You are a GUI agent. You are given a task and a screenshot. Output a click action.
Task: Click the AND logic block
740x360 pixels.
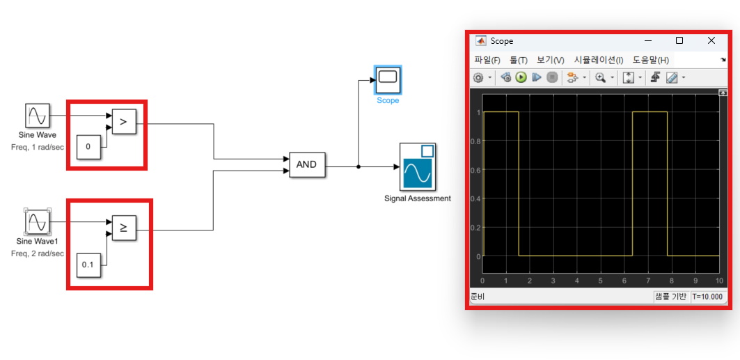tap(306, 164)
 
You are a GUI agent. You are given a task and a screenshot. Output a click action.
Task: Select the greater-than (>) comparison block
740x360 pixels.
tap(123, 123)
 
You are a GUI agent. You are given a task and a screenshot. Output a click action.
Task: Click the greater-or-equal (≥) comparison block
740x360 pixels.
tap(124, 227)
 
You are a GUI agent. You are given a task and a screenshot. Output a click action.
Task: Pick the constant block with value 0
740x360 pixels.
tap(88, 146)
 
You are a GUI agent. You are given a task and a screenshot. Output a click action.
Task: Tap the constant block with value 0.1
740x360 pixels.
tap(88, 265)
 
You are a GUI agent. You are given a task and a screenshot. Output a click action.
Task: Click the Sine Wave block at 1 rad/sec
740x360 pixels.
tap(36, 115)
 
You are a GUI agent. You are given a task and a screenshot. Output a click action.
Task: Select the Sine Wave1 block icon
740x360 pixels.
tap(37, 223)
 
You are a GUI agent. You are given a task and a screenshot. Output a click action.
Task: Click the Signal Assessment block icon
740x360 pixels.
tap(417, 167)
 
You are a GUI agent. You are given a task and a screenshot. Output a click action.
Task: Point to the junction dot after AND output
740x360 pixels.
tap(358, 167)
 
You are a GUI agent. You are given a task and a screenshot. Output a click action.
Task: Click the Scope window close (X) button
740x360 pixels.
tap(711, 41)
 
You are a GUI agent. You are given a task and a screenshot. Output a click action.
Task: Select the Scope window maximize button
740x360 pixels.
tap(679, 41)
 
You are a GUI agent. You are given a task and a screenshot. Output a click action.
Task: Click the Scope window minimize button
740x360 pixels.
tap(648, 41)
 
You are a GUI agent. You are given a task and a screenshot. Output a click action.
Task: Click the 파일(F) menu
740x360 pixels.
tap(487, 61)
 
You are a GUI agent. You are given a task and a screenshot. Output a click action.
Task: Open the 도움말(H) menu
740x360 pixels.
tap(650, 61)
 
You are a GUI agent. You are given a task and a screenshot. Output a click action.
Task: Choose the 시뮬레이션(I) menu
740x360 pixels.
tap(598, 61)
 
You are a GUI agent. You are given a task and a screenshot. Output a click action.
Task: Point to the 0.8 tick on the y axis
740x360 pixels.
tap(475, 141)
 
